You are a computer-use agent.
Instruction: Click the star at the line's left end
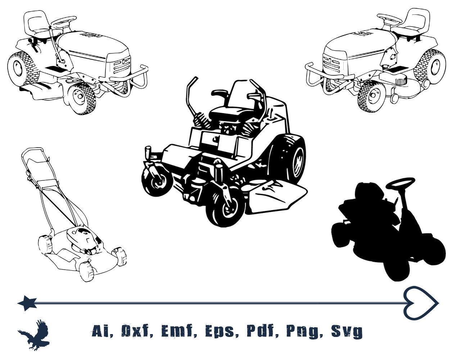(27, 303)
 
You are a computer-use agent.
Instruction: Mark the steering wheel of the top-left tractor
(64, 21)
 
